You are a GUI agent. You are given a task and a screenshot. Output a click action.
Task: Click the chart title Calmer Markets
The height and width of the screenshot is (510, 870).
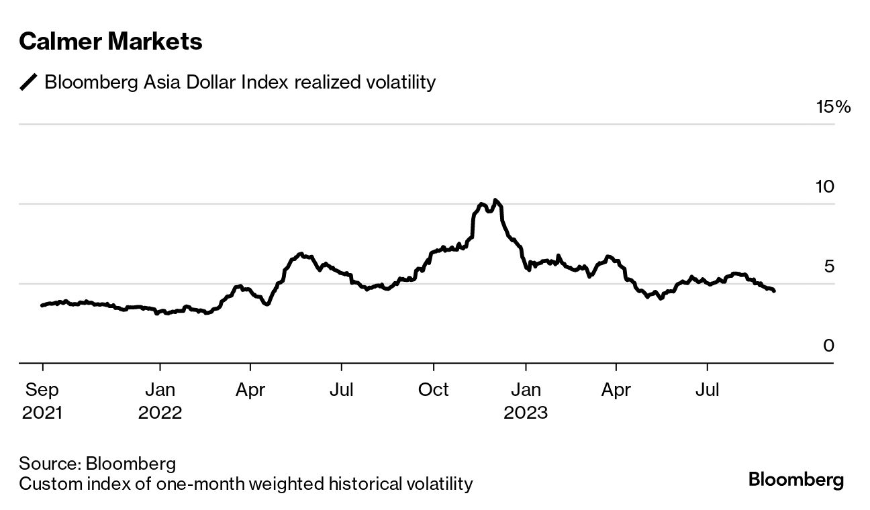pyautogui.click(x=110, y=42)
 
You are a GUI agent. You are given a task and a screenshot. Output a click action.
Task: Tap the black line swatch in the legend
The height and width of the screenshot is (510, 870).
pyautogui.click(x=29, y=83)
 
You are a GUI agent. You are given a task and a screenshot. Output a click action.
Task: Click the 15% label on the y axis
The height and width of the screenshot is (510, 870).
pyautogui.click(x=833, y=107)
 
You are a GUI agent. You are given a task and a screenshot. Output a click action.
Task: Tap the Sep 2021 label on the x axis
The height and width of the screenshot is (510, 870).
pyautogui.click(x=42, y=401)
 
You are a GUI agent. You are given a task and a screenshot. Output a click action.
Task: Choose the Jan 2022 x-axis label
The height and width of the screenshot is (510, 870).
pyautogui.click(x=160, y=401)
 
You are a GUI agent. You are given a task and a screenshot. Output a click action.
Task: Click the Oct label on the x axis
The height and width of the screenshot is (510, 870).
pyautogui.click(x=434, y=390)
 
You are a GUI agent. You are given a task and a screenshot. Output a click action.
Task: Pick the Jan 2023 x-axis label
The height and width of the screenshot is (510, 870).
pyautogui.click(x=526, y=401)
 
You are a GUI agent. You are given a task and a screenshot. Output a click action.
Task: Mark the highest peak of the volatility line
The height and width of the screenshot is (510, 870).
pyautogui.click(x=495, y=200)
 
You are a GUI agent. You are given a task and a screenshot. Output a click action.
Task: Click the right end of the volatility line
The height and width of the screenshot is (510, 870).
pyautogui.click(x=774, y=291)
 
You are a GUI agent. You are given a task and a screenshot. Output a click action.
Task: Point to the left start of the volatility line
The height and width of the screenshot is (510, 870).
pyautogui.click(x=42, y=305)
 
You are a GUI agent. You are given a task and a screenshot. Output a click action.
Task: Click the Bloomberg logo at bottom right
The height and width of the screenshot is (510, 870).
pyautogui.click(x=795, y=480)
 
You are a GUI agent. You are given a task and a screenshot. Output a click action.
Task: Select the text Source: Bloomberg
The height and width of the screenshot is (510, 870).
pyautogui.click(x=97, y=463)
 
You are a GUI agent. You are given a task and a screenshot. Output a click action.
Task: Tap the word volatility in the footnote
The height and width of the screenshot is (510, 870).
pyautogui.click(x=436, y=483)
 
